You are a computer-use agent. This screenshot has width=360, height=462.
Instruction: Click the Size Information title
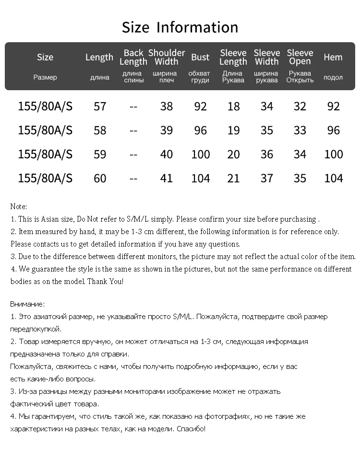pyautogui.click(x=180, y=27)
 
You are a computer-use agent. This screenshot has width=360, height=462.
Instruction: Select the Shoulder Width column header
pyautogui.click(x=167, y=57)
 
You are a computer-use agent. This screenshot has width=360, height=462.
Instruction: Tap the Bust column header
pyautogui.click(x=200, y=57)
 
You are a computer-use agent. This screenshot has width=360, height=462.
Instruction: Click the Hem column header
pyautogui.click(x=333, y=57)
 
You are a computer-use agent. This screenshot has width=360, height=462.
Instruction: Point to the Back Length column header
pyautogui.click(x=133, y=57)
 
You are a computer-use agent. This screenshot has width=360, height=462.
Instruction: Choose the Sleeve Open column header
pyautogui.click(x=300, y=57)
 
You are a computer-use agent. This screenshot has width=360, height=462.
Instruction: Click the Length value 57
pyautogui.click(x=100, y=106)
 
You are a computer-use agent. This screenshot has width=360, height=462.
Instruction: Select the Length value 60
pyautogui.click(x=100, y=178)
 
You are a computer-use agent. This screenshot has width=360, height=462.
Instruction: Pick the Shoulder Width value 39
pyautogui.click(x=167, y=130)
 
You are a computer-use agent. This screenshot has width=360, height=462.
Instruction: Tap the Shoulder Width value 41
pyautogui.click(x=167, y=178)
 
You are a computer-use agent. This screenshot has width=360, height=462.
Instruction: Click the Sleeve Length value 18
pyautogui.click(x=233, y=106)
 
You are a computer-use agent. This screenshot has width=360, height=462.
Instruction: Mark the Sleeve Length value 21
pyautogui.click(x=233, y=178)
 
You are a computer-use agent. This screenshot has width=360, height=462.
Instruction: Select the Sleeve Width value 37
pyautogui.click(x=266, y=178)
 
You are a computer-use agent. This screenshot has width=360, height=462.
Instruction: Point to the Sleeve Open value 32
pyautogui.click(x=300, y=106)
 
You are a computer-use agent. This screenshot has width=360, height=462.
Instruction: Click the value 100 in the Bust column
pyautogui.click(x=201, y=154)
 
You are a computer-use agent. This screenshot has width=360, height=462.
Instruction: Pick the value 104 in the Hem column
pyautogui.click(x=334, y=178)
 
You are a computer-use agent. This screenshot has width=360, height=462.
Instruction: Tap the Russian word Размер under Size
pyautogui.click(x=45, y=77)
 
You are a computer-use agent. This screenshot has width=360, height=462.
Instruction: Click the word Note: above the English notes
pyautogui.click(x=19, y=207)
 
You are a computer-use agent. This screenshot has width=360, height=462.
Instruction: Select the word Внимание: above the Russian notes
pyautogui.click(x=27, y=304)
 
